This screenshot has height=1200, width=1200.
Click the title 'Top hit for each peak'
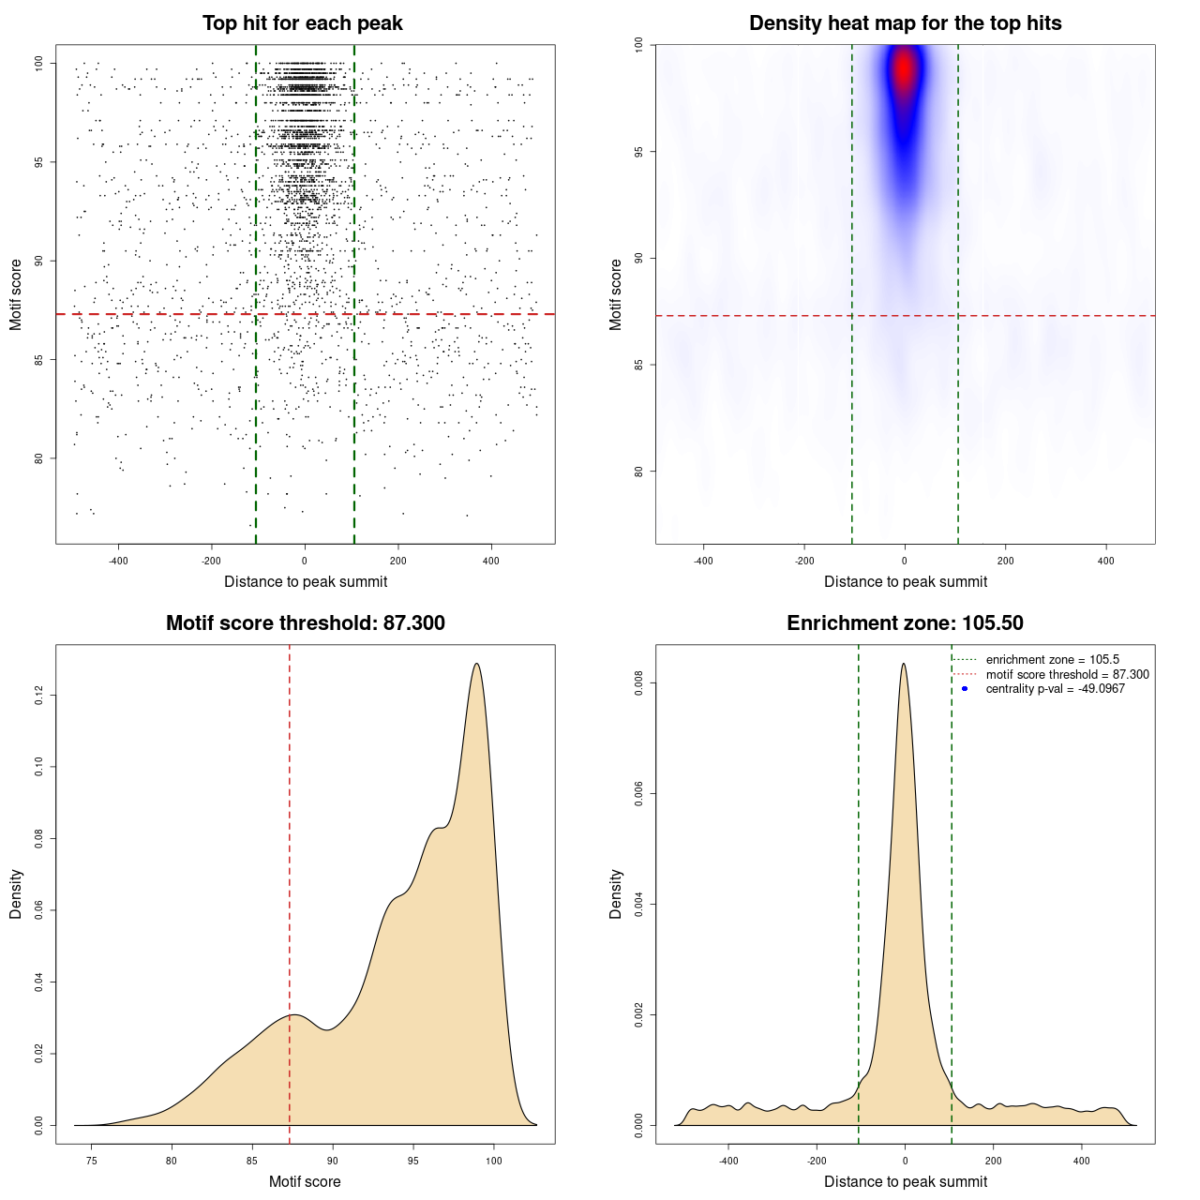click(x=302, y=23)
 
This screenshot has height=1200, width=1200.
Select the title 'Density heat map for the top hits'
click(x=905, y=23)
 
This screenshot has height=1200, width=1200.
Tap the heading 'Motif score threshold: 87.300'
click(x=305, y=623)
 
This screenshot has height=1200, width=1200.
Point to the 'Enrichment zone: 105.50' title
click(x=905, y=623)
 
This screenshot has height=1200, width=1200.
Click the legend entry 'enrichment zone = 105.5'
click(x=1052, y=660)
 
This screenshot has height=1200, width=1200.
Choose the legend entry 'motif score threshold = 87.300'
click(x=1067, y=674)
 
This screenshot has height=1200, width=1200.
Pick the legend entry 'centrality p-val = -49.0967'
click(x=1055, y=689)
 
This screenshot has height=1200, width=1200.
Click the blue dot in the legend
click(x=965, y=689)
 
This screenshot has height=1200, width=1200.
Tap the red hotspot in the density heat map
click(x=904, y=68)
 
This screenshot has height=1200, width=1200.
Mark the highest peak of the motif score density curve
click(x=477, y=664)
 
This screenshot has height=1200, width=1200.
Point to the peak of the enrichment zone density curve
click(x=904, y=664)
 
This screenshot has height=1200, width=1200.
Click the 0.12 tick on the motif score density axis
click(x=39, y=695)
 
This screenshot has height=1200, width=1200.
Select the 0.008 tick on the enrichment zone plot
click(x=639, y=683)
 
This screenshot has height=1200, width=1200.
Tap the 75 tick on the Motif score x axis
click(x=91, y=1161)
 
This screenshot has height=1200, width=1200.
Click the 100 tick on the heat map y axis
click(x=639, y=44)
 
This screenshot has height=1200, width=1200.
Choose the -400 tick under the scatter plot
click(x=118, y=561)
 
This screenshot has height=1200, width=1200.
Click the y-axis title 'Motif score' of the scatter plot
click(x=16, y=294)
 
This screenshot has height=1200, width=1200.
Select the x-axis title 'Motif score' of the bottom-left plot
click(x=305, y=1181)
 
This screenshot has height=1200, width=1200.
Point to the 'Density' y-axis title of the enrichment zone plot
click(x=616, y=893)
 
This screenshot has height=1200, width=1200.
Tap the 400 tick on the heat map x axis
click(x=1106, y=561)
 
